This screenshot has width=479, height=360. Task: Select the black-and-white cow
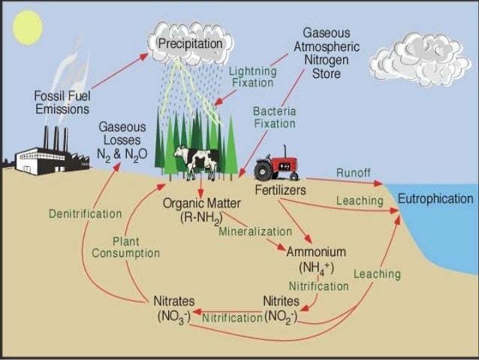[x=196, y=160]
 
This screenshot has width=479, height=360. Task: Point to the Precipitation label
[x=190, y=44]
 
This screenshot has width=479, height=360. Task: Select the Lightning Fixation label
[x=252, y=77]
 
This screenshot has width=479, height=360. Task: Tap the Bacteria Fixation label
[x=274, y=117]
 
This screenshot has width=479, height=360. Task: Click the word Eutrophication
[x=435, y=199]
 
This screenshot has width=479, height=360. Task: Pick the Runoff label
[x=353, y=173]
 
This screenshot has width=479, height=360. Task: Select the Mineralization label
[x=255, y=231]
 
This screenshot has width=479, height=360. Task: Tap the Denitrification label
[x=85, y=213]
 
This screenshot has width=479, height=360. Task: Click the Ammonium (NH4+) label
[x=316, y=259]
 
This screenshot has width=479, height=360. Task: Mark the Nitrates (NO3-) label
[x=174, y=309]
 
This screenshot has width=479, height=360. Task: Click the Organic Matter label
[x=200, y=210]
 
